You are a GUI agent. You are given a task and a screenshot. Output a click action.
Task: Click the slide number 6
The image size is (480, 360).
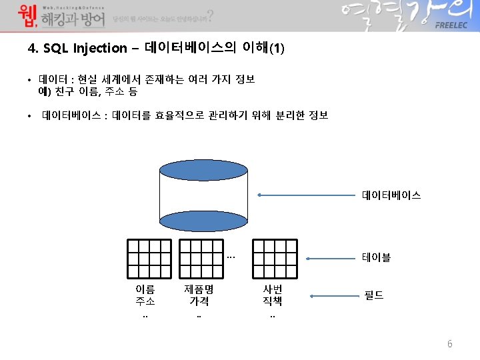click(x=450, y=344)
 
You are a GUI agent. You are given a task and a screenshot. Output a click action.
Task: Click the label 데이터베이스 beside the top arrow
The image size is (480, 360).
click(x=391, y=196)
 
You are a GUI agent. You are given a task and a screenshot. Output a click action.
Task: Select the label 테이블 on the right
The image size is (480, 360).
click(x=376, y=257)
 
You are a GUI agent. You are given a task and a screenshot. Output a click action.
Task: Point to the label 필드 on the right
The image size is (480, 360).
click(x=373, y=294)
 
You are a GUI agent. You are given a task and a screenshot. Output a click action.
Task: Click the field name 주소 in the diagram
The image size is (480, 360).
click(x=145, y=301)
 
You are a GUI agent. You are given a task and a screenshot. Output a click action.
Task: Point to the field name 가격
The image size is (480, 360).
click(x=199, y=301)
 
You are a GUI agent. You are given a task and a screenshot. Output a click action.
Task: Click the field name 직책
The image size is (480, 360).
click(x=273, y=301)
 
